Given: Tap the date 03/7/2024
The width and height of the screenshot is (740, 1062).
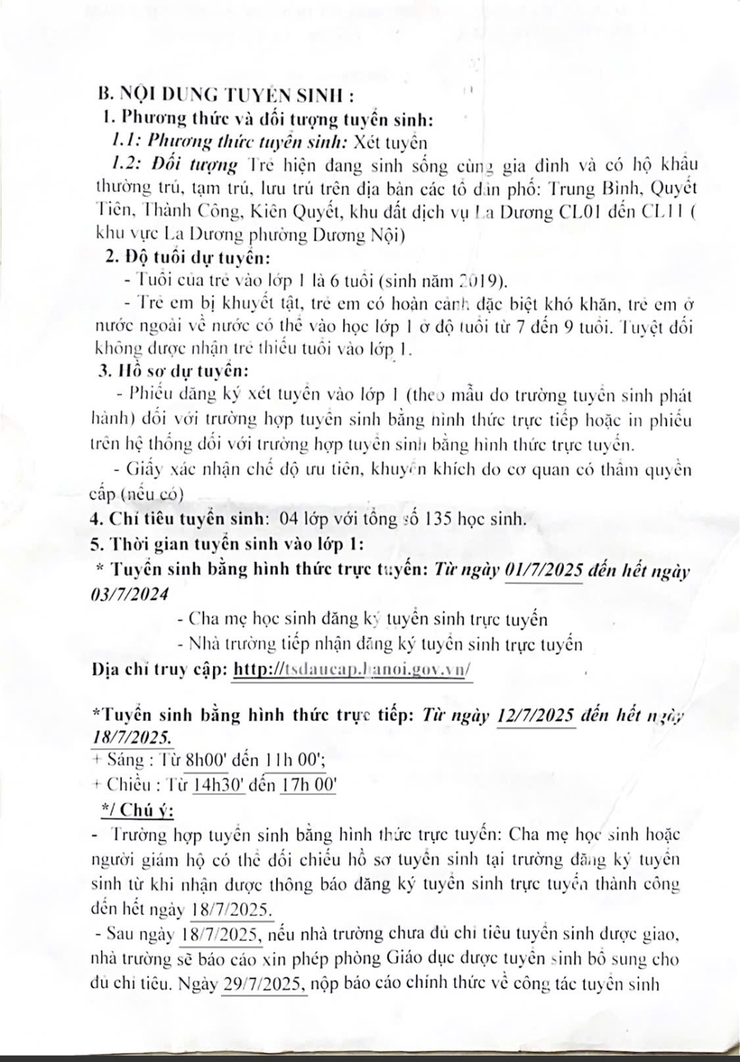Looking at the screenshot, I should [x=131, y=595].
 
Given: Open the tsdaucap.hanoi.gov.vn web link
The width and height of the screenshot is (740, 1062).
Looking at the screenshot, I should [x=352, y=669].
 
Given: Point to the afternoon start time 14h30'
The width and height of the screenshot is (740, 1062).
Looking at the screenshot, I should [x=219, y=784].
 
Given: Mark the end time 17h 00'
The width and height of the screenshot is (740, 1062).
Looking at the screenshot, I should [x=307, y=784].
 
